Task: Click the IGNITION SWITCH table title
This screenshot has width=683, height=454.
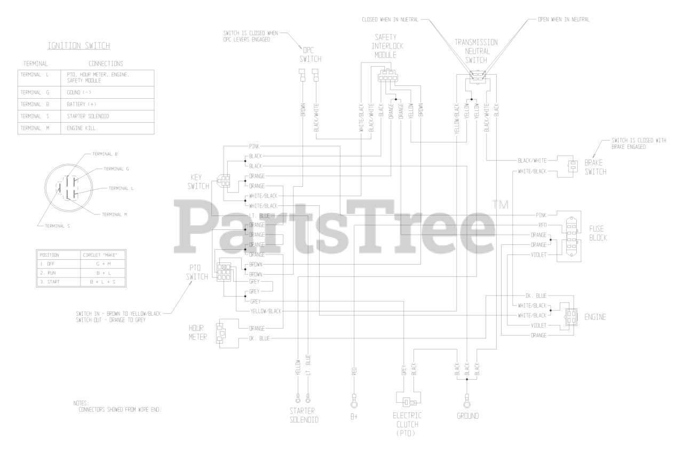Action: click(x=86, y=46)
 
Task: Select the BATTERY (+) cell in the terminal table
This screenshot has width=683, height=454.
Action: click(x=82, y=103)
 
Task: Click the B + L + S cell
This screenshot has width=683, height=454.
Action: click(x=103, y=281)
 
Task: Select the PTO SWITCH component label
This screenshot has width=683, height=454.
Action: click(x=197, y=272)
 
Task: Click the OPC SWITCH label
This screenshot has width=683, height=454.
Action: click(x=311, y=54)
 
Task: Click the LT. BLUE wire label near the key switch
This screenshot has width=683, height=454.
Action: click(x=259, y=216)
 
